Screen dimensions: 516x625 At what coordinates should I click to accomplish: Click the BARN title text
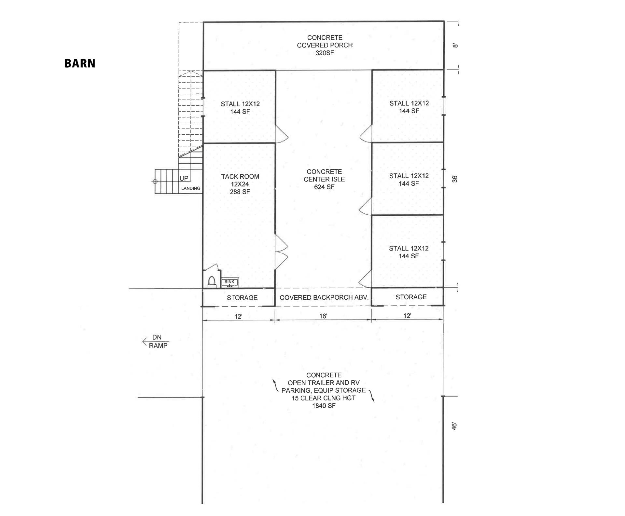point(80,63)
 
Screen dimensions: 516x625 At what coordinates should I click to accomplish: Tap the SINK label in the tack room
point(229,282)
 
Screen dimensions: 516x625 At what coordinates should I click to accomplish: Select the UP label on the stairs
point(184,178)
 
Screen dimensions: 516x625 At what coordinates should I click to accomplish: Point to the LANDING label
point(191,188)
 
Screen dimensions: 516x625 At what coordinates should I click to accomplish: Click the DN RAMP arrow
point(145,342)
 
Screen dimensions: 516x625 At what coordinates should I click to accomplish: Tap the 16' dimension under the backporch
point(323,316)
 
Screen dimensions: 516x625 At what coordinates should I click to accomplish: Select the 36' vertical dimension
point(455,179)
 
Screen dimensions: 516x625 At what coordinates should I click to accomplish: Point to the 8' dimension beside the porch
point(455,46)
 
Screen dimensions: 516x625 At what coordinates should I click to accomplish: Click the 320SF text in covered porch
point(325,53)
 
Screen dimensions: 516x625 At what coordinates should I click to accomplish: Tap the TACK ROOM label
point(240,177)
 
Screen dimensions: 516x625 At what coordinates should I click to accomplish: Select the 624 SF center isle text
point(324,187)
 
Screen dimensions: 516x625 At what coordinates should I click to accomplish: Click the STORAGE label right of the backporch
point(411,297)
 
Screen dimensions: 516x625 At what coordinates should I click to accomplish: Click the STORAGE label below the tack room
point(242,298)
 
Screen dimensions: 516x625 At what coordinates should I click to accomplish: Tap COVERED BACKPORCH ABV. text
point(324,297)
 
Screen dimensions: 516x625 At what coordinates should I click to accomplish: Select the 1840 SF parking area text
point(324,406)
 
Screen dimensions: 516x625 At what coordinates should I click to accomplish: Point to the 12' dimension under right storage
point(407,316)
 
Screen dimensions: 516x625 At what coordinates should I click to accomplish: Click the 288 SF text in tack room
point(240,192)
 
